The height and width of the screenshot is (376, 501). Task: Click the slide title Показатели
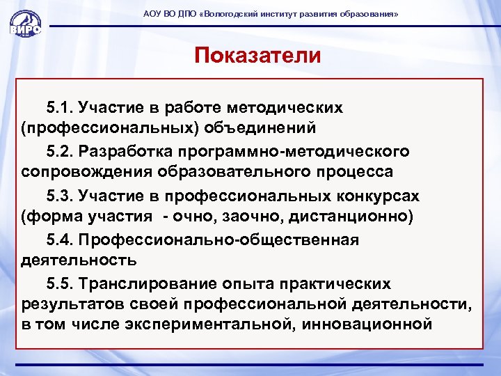pyautogui.click(x=258, y=55)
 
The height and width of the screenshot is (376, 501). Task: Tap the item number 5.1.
pyautogui.click(x=60, y=108)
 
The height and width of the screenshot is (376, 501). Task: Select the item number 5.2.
pyautogui.click(x=60, y=151)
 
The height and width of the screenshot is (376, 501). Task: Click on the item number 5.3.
pyautogui.click(x=60, y=195)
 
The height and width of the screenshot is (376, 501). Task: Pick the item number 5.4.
pyautogui.click(x=60, y=240)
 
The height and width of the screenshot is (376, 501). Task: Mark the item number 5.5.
pyautogui.click(x=60, y=283)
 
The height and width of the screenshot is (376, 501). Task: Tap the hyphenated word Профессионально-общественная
pyautogui.click(x=218, y=240)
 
